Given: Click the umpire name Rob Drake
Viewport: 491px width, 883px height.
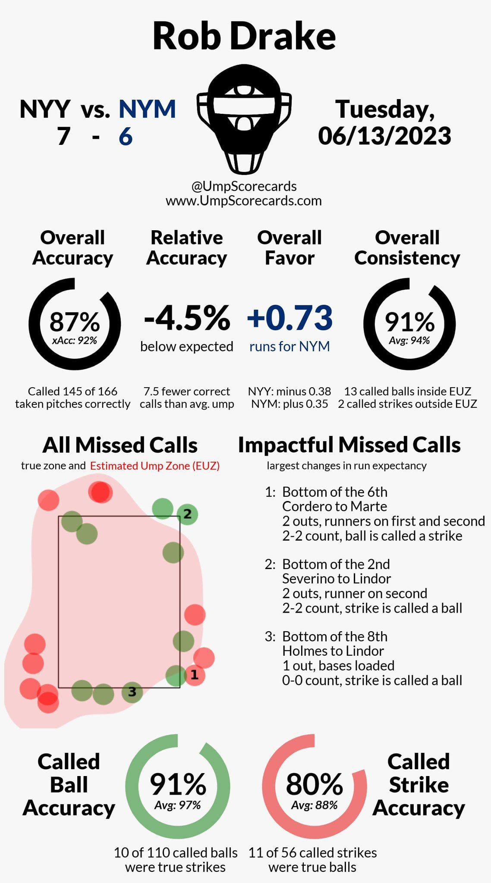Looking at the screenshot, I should click(x=244, y=36).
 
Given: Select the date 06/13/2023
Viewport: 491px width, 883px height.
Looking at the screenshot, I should click(x=384, y=136).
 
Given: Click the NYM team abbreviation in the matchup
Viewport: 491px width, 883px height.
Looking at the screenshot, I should click(x=147, y=109).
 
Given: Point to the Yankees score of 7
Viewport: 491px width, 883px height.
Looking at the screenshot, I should click(x=63, y=137).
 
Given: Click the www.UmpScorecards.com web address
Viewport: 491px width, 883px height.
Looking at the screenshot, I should click(x=244, y=201).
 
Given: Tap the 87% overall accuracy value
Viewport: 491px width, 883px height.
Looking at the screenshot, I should click(x=75, y=321).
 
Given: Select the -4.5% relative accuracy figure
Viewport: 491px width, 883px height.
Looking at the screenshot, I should click(x=187, y=318).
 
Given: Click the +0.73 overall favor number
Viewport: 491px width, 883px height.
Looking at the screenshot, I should click(x=290, y=318).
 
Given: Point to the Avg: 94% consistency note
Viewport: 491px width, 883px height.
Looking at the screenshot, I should click(x=409, y=341).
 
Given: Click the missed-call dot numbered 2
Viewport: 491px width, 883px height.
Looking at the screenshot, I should click(x=187, y=514).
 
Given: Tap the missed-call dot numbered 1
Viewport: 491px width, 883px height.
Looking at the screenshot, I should click(x=194, y=675).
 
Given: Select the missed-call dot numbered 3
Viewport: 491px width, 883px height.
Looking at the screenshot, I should click(x=132, y=692).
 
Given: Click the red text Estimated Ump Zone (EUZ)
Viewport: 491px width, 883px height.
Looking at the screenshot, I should click(x=155, y=466).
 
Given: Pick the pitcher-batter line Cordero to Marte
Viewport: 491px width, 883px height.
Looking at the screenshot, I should click(x=334, y=506).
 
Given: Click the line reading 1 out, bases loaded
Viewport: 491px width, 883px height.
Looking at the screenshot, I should click(x=338, y=665).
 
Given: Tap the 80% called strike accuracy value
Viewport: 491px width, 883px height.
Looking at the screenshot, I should click(x=314, y=784).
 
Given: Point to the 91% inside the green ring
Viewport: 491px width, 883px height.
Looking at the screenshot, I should click(x=178, y=784).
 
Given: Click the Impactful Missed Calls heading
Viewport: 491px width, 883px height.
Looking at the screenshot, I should click(x=349, y=445).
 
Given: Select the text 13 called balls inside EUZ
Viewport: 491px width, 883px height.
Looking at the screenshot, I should click(x=407, y=391).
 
